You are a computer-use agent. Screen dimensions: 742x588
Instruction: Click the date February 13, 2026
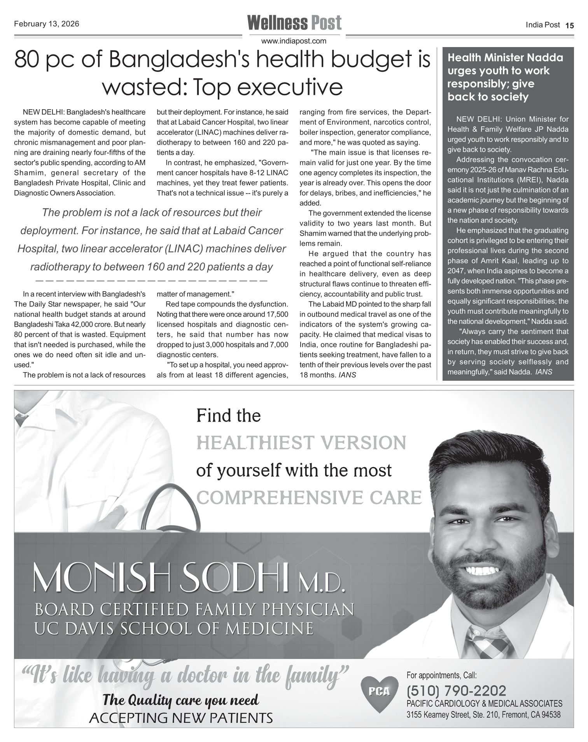click(x=47, y=24)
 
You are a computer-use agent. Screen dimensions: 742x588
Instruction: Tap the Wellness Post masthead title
click(x=294, y=23)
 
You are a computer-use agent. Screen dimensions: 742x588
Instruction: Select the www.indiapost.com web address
click(x=294, y=41)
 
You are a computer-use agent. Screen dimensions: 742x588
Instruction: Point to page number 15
click(x=569, y=26)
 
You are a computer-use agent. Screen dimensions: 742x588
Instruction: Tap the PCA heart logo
click(x=380, y=692)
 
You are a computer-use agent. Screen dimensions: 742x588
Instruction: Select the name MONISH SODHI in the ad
click(x=161, y=578)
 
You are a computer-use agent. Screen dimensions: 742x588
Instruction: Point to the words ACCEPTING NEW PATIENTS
click(x=181, y=718)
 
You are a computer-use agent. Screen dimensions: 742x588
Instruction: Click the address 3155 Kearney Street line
click(x=483, y=715)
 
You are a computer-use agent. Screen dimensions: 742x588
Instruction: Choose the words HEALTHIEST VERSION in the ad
click(x=301, y=443)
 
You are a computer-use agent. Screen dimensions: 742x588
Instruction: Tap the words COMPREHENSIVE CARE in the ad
click(x=309, y=497)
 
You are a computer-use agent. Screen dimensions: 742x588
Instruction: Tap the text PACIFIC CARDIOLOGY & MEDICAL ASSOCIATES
click(x=484, y=703)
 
